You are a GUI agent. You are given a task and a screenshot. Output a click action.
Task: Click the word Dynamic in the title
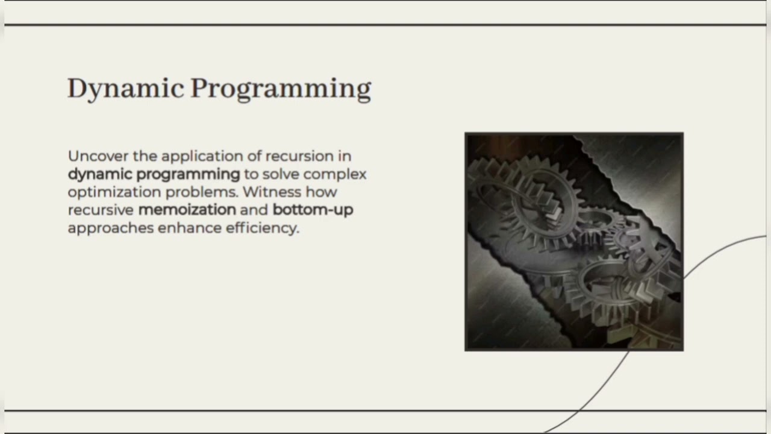pos(125,89)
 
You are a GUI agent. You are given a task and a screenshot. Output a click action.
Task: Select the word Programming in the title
pos(281,89)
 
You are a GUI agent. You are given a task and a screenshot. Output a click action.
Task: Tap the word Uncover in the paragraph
pos(98,156)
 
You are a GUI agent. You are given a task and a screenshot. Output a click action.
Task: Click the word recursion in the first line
pos(299,156)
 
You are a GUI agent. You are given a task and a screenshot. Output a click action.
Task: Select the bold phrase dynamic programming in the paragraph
pos(154,174)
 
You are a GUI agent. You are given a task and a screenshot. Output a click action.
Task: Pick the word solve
pos(281,174)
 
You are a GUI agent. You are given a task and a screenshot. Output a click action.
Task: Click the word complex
pos(335,174)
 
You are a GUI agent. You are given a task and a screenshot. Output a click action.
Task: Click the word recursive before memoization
pos(101,210)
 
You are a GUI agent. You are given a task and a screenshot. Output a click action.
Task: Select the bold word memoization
pos(187,210)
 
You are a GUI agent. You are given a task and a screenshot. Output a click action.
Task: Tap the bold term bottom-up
pos(313,210)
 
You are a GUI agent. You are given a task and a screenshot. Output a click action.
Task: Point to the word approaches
pos(110,228)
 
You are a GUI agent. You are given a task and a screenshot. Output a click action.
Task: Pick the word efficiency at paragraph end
pos(262,228)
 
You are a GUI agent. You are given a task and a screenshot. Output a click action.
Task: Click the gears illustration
pos(574,242)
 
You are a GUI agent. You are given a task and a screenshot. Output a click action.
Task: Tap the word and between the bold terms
pos(254,210)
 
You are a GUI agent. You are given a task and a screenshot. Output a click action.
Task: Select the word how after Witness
pos(321,192)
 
